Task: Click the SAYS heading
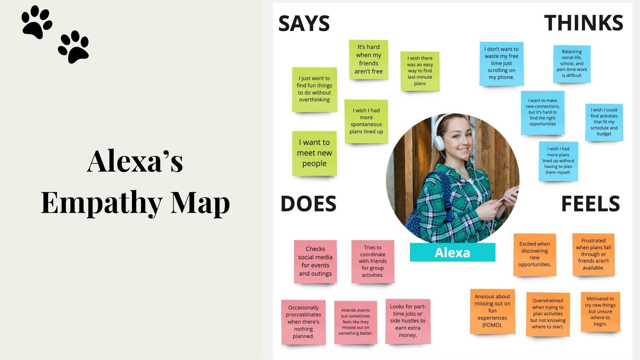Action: (x=304, y=23)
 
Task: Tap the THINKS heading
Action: (x=583, y=23)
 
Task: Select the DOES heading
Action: (x=308, y=204)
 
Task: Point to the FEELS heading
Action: (x=590, y=204)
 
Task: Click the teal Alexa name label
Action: (x=452, y=252)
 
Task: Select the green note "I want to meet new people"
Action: (x=314, y=153)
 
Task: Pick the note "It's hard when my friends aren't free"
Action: (x=368, y=59)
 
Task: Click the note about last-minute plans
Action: (x=420, y=71)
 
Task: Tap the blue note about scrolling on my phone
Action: (x=501, y=63)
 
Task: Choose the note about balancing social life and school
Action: (x=572, y=64)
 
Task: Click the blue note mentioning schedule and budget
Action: (x=604, y=122)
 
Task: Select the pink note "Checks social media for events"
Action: (x=315, y=261)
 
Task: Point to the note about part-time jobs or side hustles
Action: (x=408, y=321)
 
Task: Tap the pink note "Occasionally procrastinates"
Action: (x=303, y=322)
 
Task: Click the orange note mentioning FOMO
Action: (x=492, y=311)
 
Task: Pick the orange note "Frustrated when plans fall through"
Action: (x=593, y=254)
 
